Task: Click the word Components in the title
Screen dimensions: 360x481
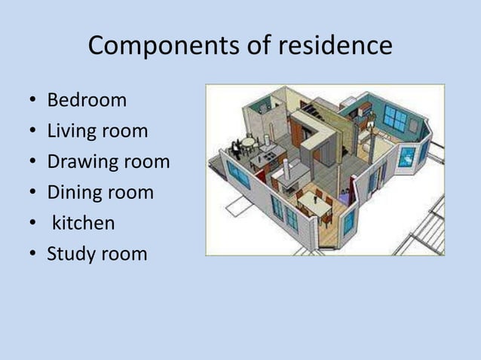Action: tap(155, 47)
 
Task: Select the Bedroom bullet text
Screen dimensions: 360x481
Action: tap(87, 100)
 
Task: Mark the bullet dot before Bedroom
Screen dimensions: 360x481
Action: tap(32, 101)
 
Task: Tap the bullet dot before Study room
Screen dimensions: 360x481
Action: tap(32, 255)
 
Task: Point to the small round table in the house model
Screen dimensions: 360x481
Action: tap(249, 141)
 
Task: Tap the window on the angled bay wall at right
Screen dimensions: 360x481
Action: tap(408, 157)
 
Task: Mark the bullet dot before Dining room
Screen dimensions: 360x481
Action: tap(32, 193)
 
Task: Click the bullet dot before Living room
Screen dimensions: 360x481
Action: tap(32, 132)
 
